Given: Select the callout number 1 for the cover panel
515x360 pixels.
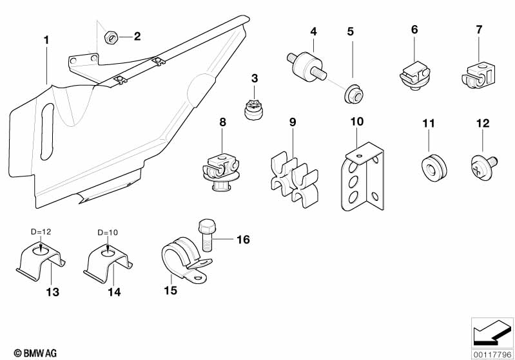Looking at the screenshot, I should tap(46, 40).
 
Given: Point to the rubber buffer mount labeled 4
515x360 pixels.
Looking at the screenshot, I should tap(303, 63).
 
